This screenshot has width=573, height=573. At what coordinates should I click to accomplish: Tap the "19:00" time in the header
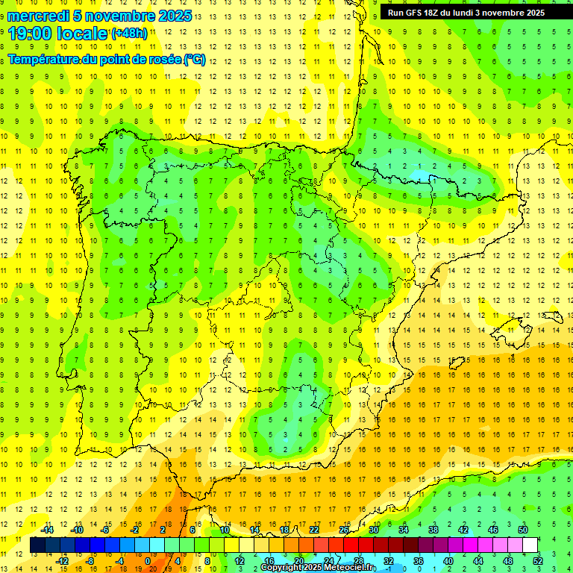(x=31, y=33)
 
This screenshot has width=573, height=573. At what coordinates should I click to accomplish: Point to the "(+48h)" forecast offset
(x=129, y=33)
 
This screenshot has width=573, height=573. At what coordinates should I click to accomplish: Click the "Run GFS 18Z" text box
(x=466, y=12)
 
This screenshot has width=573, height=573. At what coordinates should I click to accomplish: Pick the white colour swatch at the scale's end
(x=530, y=545)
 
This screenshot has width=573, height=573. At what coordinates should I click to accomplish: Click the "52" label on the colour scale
(x=538, y=561)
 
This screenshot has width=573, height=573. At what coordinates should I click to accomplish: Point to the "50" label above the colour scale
(x=523, y=530)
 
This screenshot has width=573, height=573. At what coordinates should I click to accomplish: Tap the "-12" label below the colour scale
(x=63, y=561)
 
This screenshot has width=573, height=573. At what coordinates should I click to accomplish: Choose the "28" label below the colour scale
(x=358, y=561)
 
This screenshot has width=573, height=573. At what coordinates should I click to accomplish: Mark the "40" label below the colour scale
(x=448, y=561)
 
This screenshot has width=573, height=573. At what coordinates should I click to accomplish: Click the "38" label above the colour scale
(x=433, y=530)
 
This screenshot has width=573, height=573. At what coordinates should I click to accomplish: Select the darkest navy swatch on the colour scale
(x=37, y=545)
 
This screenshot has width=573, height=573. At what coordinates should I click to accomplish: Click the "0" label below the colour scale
(x=148, y=561)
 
